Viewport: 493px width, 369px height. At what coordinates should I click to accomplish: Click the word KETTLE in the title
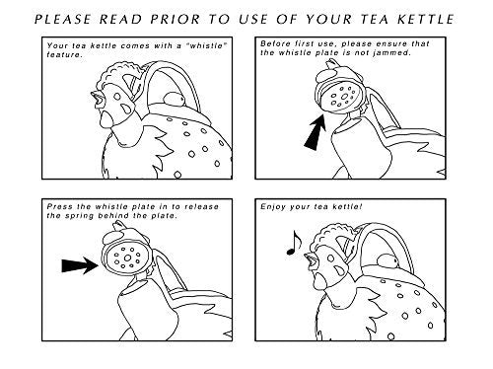tap(426, 19)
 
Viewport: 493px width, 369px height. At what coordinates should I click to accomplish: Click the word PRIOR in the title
tap(175, 19)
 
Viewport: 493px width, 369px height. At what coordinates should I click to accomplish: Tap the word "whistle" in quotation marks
tap(207, 45)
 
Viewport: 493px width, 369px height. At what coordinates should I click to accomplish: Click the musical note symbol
tap(294, 243)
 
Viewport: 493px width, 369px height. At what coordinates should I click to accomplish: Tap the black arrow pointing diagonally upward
tap(316, 132)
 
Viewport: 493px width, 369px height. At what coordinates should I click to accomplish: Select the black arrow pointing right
tap(80, 265)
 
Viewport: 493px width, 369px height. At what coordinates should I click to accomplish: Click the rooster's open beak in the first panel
tap(98, 99)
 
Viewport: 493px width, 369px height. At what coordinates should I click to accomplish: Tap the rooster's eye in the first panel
tap(116, 97)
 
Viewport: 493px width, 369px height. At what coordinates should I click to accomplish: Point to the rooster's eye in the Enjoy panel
tap(330, 258)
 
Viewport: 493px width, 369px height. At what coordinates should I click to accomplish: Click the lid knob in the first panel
tap(175, 99)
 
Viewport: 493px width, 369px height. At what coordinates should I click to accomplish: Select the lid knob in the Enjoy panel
tap(387, 260)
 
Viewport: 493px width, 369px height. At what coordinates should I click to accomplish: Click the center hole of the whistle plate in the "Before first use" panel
tap(344, 97)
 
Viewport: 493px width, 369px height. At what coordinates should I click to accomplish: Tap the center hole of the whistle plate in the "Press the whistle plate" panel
tap(127, 258)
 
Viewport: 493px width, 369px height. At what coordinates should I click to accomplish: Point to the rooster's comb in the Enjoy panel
tap(330, 234)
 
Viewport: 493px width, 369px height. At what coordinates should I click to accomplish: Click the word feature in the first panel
tap(64, 54)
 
